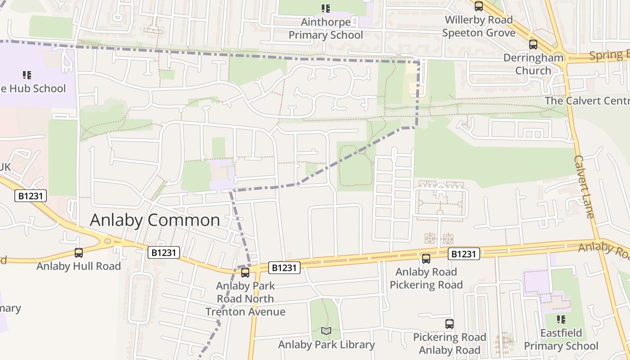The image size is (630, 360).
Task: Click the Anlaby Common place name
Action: [x=155, y=220]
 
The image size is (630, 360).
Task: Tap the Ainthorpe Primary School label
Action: [x=325, y=29]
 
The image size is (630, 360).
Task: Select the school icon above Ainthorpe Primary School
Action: [x=326, y=8]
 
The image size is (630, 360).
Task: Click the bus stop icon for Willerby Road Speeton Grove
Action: [x=479, y=6]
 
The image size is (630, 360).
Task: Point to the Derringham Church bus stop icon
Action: [x=533, y=45]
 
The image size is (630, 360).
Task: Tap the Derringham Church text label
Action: [x=533, y=64]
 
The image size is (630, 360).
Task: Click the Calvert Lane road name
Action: [x=584, y=186]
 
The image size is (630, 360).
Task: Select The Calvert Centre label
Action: [x=587, y=100]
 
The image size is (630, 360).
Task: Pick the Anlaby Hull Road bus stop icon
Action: [x=79, y=253]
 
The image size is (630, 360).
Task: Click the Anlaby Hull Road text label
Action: [x=79, y=266]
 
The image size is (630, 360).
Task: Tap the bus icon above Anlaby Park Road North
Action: [x=245, y=272]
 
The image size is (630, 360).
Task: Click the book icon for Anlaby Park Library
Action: [x=326, y=331]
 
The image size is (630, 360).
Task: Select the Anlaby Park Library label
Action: [x=326, y=345]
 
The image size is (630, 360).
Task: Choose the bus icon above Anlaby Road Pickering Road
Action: [x=426, y=259]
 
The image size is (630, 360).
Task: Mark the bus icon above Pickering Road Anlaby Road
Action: [x=450, y=324]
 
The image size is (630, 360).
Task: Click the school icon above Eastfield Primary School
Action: [x=561, y=319]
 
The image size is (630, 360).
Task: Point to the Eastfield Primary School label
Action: [x=561, y=340]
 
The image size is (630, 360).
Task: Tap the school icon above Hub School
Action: [x=27, y=75]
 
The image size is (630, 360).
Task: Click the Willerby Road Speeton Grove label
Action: [x=479, y=27]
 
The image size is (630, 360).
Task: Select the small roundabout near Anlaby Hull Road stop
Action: [x=108, y=241]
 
